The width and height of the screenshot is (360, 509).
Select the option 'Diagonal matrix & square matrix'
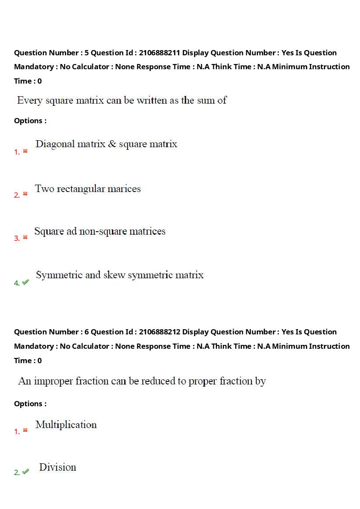(106, 144)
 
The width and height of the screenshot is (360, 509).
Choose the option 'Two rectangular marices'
(88, 189)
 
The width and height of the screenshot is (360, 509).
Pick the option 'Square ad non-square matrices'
(100, 231)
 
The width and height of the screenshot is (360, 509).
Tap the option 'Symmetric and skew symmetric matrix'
(119, 275)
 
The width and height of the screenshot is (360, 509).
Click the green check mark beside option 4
(25, 282)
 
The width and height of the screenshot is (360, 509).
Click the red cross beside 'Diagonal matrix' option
(25, 151)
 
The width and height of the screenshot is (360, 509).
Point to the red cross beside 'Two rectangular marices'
(25, 194)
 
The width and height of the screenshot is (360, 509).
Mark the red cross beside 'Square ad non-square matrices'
(25, 237)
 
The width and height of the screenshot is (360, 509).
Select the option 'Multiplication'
(66, 425)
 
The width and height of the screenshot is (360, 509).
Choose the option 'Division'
(58, 467)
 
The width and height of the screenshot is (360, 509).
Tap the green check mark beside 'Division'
(25, 472)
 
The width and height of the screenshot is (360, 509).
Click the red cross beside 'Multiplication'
(25, 430)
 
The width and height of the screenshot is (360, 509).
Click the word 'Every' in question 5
(29, 101)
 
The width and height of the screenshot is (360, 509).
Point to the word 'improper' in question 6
(53, 381)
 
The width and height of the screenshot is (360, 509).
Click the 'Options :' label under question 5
(30, 121)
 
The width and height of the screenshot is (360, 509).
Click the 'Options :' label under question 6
(30, 404)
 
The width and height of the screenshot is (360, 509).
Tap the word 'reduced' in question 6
(157, 381)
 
